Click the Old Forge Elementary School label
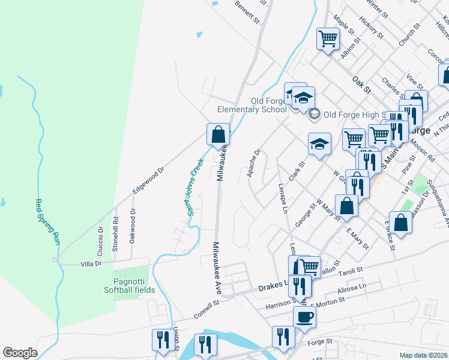[x=252, y=105]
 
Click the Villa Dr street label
[x=92, y=263]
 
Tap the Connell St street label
[x=207, y=310]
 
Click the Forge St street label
[x=319, y=341]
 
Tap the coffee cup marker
[x=304, y=317]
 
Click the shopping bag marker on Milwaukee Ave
[x=218, y=133]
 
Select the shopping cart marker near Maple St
[x=328, y=39]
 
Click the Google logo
[x=20, y=353]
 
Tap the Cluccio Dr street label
[x=100, y=238]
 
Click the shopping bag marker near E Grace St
[x=400, y=222]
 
